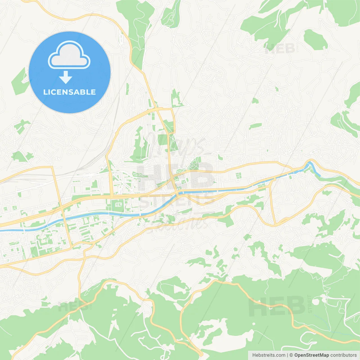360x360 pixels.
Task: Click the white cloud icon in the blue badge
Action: point(69,55)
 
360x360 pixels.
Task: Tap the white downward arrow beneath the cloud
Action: point(66,77)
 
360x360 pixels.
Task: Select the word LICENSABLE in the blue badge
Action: point(69,92)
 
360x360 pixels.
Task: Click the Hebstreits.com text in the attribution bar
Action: point(269,355)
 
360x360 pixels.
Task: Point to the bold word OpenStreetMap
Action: point(311,355)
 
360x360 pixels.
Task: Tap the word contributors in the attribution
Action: point(343,355)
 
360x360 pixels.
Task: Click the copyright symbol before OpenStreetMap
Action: point(291,355)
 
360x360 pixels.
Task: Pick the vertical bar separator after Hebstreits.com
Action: point(287,355)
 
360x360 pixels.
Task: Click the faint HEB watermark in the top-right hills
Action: point(280,49)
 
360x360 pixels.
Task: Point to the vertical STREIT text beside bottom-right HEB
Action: point(310,304)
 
